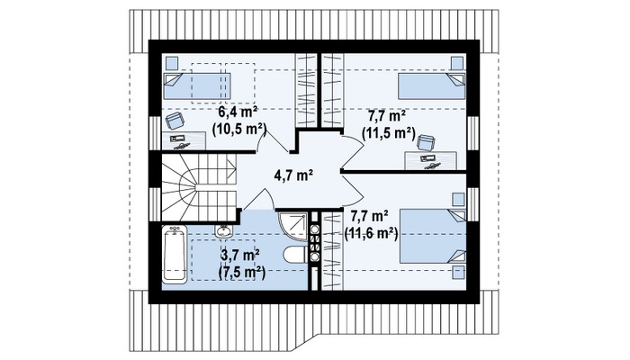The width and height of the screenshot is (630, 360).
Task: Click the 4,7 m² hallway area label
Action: pos(293,175)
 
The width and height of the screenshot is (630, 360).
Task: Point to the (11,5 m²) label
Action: pos(389,133)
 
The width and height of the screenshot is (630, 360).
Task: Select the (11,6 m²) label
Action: pos(371,233)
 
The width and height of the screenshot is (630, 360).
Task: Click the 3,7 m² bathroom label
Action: pos(240,255)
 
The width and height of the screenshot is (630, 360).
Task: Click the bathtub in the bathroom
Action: pos(175,255)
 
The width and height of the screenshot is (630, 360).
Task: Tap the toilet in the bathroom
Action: pos(295,255)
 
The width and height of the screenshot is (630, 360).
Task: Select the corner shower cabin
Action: pos(292,227)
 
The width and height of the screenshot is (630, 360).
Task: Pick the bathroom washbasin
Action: pos(223,230)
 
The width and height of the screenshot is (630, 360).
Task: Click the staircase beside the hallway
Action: pos(199,187)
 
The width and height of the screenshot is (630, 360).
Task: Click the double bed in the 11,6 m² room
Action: pos(433,236)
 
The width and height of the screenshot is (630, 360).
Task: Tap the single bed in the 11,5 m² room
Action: pos(431,86)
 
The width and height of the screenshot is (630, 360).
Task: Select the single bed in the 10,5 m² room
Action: pos(197,86)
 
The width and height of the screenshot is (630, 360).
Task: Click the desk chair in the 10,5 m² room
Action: pos(175,121)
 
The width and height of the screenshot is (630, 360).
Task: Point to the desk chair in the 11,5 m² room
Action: pos(426,143)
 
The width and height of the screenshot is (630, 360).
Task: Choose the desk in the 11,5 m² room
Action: pos(430,160)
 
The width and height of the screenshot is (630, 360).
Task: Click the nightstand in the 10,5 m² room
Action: pos(172,63)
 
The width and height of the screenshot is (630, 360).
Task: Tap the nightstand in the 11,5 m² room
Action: pos(457,63)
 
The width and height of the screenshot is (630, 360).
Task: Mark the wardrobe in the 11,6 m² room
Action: pos(332,251)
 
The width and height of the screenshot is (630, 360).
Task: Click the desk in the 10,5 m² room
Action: pos(184,140)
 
